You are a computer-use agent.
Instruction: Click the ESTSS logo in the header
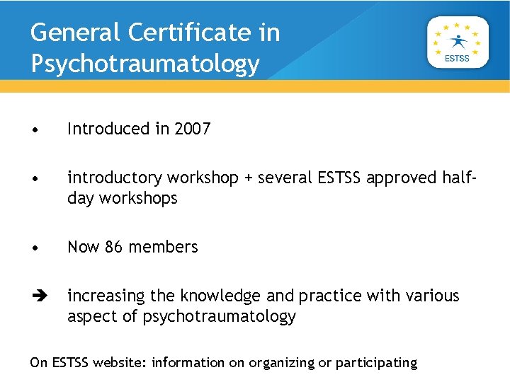(x=458, y=42)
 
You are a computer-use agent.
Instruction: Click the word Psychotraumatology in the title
(x=145, y=64)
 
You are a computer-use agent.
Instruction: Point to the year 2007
(x=192, y=129)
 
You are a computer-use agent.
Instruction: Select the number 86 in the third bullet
(x=114, y=247)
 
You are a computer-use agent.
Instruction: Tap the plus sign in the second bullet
(x=248, y=178)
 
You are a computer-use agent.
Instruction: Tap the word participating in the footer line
(x=376, y=363)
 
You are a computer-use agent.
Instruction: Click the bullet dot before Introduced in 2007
(x=35, y=129)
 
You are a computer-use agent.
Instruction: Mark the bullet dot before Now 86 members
(x=35, y=248)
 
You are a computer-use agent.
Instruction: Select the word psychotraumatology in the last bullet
(x=219, y=316)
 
